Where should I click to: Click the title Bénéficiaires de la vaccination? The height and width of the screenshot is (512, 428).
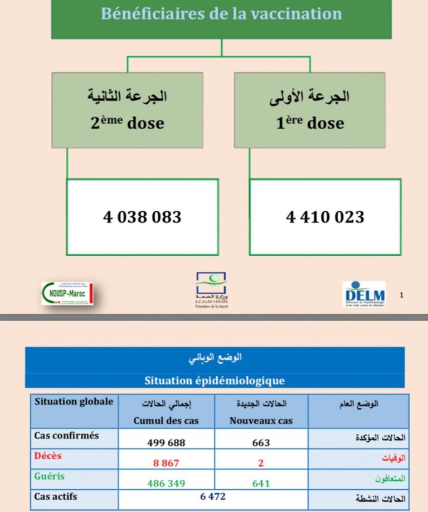tap(221, 13)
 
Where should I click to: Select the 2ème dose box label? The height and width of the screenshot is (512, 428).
tap(128, 122)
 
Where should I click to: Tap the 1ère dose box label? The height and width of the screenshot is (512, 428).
tap(310, 122)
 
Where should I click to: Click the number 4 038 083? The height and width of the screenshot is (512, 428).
tap(142, 216)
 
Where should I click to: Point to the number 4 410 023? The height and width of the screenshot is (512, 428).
tap(325, 216)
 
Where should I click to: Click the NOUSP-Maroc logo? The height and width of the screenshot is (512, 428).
tap(67, 294)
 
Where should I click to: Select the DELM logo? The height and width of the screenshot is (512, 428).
tap(364, 294)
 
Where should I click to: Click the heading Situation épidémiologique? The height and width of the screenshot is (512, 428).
tap(215, 381)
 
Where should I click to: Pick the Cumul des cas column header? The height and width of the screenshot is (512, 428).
tap(166, 421)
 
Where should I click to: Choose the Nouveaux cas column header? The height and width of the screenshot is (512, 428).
tap(261, 421)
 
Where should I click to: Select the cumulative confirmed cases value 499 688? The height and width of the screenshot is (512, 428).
tap(166, 442)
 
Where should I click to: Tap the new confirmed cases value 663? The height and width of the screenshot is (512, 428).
tap(261, 442)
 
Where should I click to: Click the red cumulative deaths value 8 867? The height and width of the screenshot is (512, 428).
tap(166, 463)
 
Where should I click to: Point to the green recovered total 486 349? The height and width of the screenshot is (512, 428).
tap(166, 483)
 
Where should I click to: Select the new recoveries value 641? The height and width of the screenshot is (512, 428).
tap(261, 483)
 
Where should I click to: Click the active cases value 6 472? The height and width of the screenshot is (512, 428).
tap(213, 496)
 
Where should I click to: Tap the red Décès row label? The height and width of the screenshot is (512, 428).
tap(48, 456)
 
